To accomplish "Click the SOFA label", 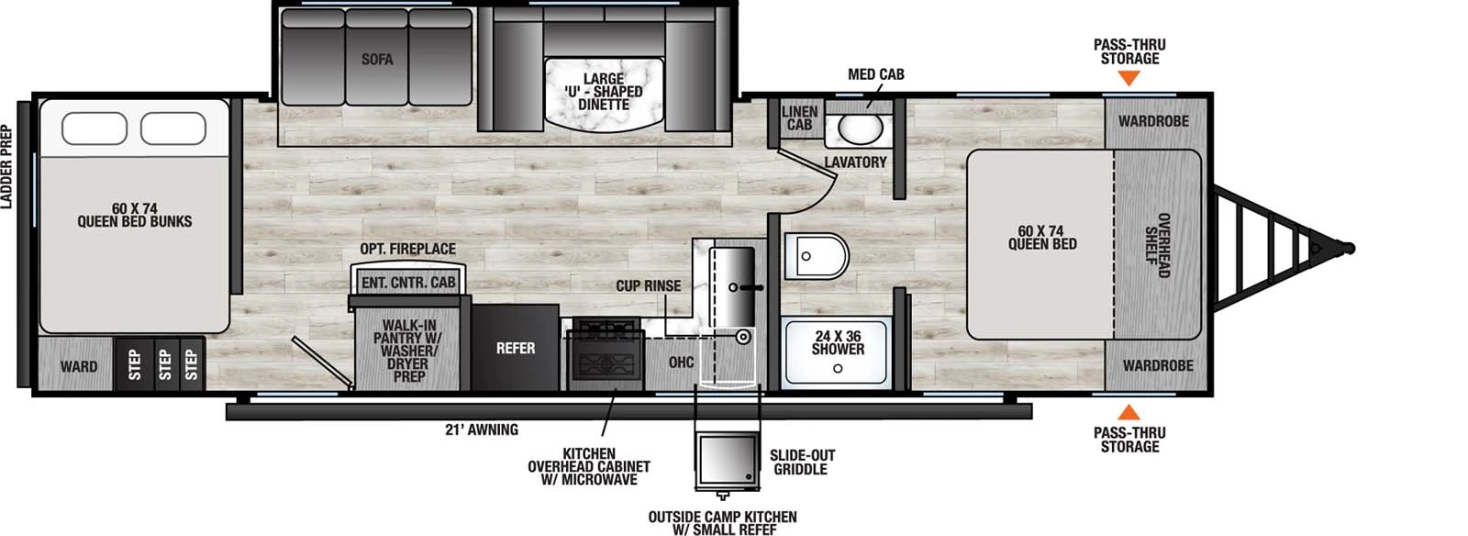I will (x=376, y=60).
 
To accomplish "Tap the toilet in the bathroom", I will (x=816, y=256).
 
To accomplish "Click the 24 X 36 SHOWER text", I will (x=838, y=343).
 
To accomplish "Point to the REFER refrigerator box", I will (x=515, y=348).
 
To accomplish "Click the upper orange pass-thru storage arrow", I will (x=1129, y=80).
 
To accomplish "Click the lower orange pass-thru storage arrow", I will (x=1129, y=413).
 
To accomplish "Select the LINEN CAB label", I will (x=799, y=118).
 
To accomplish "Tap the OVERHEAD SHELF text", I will (x=1158, y=245).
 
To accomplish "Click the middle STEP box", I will (x=164, y=364).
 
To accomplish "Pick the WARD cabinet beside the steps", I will (x=79, y=366).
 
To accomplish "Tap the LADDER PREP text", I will (x=7, y=168).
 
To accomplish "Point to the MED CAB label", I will (x=875, y=73).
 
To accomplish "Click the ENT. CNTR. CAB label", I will (x=407, y=283).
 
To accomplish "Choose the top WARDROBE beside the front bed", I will (x=1152, y=121).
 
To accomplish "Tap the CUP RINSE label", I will (x=648, y=286).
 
